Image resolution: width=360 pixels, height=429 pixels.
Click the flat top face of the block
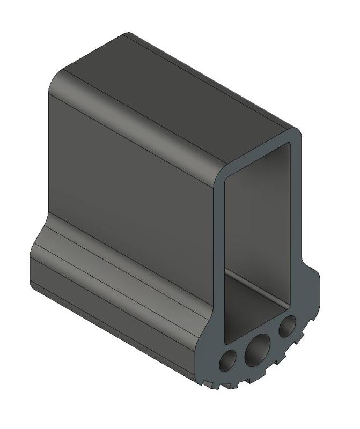[x=177, y=91]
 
